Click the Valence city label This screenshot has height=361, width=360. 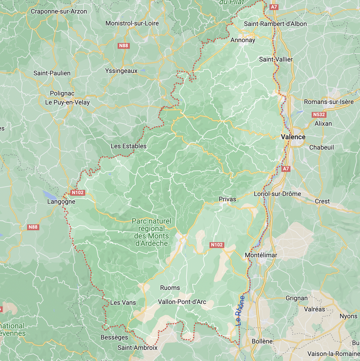293,137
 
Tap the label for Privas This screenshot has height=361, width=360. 227,199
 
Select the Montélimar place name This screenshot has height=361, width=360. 261,255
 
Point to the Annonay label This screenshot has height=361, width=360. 243,40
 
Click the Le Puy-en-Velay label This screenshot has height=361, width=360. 67,102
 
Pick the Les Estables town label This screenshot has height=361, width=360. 128,146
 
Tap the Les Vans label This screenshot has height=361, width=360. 123,303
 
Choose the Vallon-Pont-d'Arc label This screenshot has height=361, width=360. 182,302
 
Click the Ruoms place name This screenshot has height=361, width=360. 170,288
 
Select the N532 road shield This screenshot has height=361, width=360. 319,115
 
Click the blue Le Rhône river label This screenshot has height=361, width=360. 240,311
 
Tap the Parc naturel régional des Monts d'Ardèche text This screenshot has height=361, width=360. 152,232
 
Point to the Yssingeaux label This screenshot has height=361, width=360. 121,71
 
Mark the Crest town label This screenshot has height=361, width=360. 322,201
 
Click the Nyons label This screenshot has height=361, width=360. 348,316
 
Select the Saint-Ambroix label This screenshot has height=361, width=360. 138,348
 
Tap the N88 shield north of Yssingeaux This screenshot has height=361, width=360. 123,46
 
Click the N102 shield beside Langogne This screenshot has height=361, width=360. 78,193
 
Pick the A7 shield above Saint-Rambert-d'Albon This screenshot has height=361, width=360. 274,7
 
